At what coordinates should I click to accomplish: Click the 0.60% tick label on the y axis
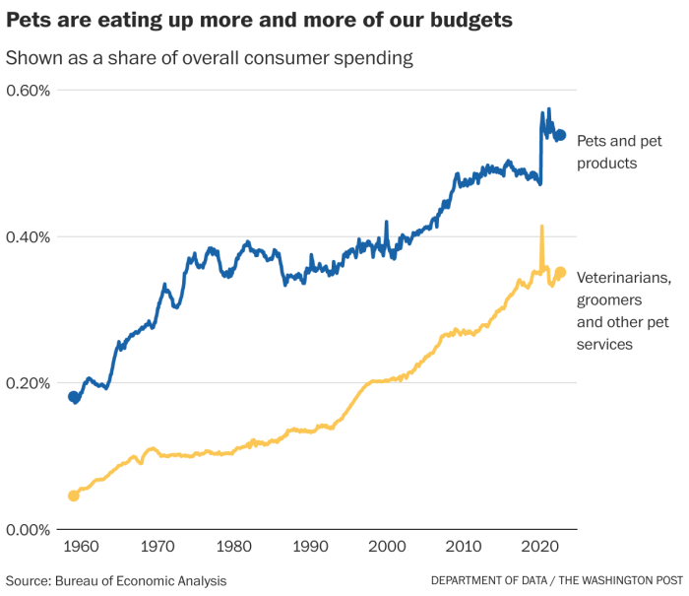coord(29,91)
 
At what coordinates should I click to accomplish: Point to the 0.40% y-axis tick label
coord(29,236)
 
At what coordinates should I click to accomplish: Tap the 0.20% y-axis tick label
coord(29,383)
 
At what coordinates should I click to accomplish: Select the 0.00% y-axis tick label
coord(29,530)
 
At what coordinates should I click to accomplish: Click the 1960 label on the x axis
coord(79,547)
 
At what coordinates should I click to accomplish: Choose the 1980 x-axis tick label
coord(232,547)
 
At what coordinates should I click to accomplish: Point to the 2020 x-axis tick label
coord(539,547)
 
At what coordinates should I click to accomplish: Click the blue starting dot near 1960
coord(73,397)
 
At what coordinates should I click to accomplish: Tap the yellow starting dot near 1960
coord(73,496)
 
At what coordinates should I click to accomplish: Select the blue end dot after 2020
coord(560,135)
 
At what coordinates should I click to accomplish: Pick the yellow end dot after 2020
coord(560,273)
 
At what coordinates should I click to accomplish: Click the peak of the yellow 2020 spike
coord(541,227)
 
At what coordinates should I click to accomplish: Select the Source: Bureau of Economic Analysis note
coord(116,580)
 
